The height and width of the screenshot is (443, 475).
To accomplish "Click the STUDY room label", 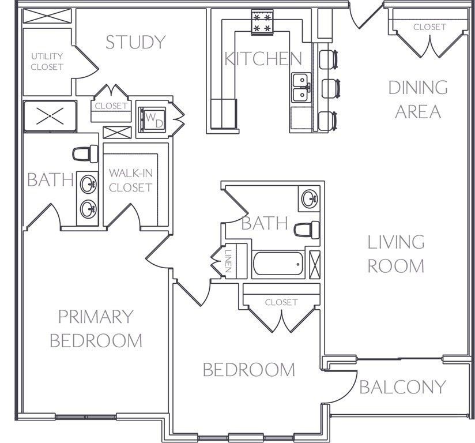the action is tap(135, 42).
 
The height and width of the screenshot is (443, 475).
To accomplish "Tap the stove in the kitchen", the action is tap(262, 22).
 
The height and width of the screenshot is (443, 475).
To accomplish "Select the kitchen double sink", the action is tap(301, 88).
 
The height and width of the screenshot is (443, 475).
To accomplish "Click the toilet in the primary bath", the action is tap(85, 154).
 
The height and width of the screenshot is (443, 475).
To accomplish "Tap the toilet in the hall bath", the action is tap(307, 230).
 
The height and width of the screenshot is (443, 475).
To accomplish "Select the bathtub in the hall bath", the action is tap(278, 264).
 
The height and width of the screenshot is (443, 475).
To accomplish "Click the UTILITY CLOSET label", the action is tap(47, 62).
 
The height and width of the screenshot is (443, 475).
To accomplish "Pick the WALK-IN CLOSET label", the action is tap(130, 181).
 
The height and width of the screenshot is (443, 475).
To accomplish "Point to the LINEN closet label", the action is tap(229, 261).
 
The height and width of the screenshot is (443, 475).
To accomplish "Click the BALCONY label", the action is tap(402, 387).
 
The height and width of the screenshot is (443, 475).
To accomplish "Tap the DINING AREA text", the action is tap(418, 99).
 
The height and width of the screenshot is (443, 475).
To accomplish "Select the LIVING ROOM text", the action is tap(396, 254).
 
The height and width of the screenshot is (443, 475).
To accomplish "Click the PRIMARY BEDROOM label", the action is tap(96, 329).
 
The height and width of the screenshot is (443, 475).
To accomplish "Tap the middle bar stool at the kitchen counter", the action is tap(330, 88).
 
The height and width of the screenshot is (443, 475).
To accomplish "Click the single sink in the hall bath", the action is tap(310, 198).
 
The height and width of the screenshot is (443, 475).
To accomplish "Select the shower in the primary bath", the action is tap(50, 117).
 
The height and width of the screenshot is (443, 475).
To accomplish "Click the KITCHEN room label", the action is tap(263, 58).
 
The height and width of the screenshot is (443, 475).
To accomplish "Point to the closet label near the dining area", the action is tap(429, 27).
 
